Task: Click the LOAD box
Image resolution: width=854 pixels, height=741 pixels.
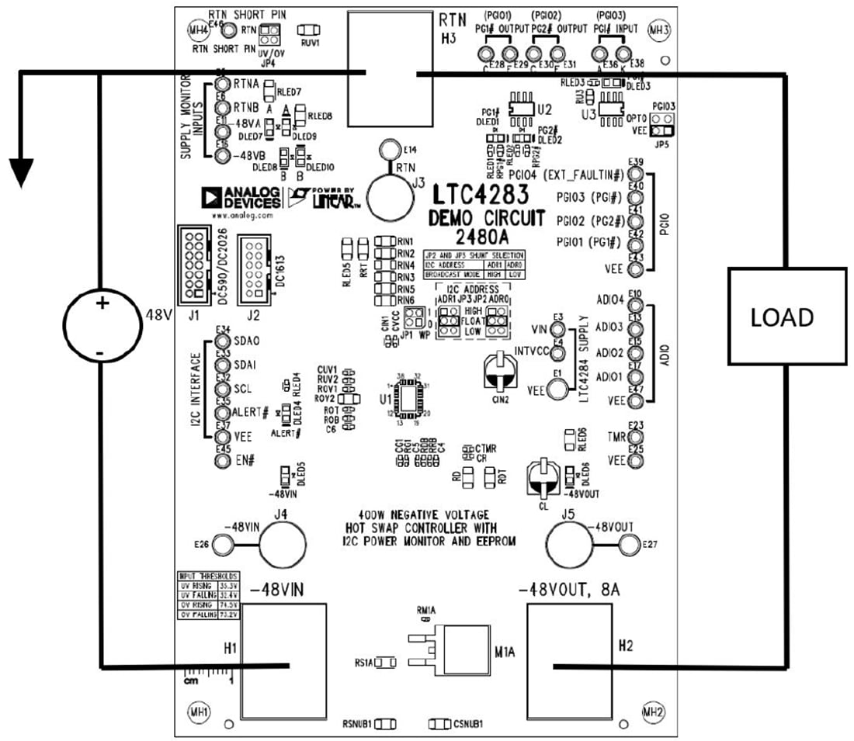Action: coord(786,317)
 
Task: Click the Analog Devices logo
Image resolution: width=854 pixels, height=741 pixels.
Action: coord(241,199)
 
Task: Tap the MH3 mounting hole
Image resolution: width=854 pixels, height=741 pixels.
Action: coord(658,30)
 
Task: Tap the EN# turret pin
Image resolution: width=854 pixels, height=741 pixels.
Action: coord(222,461)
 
